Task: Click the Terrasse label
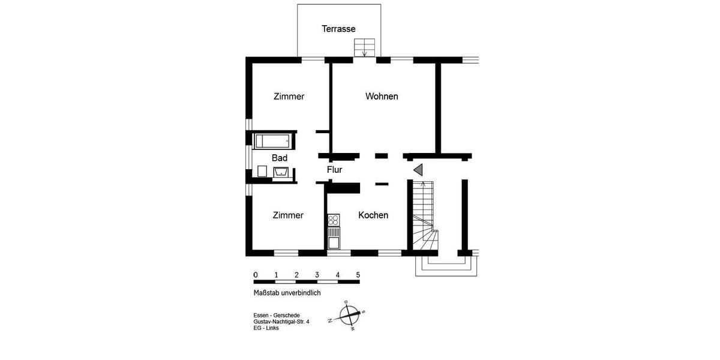tap(338, 29)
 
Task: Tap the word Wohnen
tap(382, 96)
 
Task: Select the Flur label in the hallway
tap(334, 170)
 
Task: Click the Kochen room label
tap(373, 215)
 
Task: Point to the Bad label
tap(280, 158)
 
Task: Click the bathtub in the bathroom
tap(274, 141)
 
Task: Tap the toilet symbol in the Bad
tap(262, 172)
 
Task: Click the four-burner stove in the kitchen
tap(334, 220)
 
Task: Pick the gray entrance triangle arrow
tap(418, 170)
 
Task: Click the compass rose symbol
tap(349, 314)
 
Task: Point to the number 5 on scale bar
tap(358, 275)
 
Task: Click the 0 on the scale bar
tap(256, 275)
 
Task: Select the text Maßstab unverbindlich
tap(287, 293)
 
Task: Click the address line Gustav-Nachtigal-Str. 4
tap(281, 322)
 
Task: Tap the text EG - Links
tap(266, 328)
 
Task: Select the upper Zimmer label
tap(289, 96)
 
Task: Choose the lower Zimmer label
tap(287, 215)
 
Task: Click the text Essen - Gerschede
tap(277, 316)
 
